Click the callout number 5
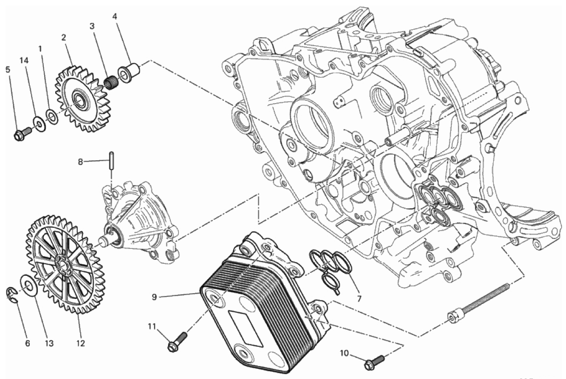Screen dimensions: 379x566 [8, 69]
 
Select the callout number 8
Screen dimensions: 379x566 [81, 162]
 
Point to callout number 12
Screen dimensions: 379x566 [80, 343]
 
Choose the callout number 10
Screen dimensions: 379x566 [344, 354]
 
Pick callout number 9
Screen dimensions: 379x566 [154, 297]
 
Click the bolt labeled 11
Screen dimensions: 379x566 [176, 342]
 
